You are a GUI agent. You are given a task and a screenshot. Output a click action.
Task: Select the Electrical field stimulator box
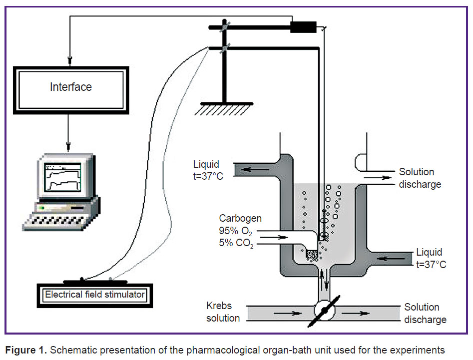tap(95, 295)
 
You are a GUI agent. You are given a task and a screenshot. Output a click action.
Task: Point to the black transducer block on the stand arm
tap(303, 27)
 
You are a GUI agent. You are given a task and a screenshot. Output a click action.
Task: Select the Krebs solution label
tap(223, 312)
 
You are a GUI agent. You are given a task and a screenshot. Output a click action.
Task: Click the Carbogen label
tap(240, 218)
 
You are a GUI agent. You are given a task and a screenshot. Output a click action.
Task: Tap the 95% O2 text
tap(235, 231)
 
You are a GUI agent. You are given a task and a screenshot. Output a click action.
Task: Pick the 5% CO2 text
tap(236, 243)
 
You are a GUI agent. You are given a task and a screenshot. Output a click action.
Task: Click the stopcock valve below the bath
tap(324, 311)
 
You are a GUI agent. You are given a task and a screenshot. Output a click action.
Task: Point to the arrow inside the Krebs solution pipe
tap(288, 313)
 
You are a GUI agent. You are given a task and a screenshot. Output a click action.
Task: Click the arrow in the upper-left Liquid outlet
tap(255, 170)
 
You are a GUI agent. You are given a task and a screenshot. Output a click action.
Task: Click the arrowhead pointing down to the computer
tap(68, 146)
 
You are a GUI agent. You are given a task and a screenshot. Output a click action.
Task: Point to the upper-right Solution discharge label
tap(420, 178)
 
